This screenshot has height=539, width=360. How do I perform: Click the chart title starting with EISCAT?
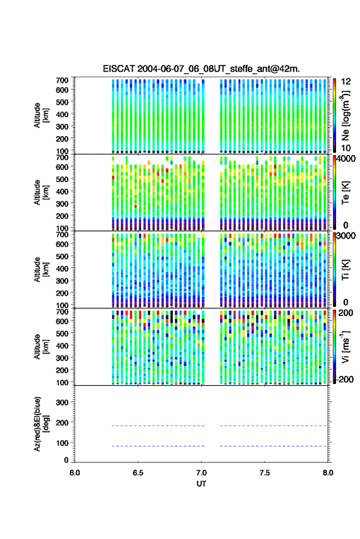pos(201,69)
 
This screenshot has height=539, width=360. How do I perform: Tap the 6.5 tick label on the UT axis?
pos(138,473)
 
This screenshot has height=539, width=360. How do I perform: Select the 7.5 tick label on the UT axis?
pos(265,473)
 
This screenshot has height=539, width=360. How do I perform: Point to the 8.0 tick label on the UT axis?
pos(328,473)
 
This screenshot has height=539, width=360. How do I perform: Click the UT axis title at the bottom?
pos(201,484)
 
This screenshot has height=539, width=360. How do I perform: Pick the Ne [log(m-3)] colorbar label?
pos(345,115)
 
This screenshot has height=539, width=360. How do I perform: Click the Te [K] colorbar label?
pos(345,193)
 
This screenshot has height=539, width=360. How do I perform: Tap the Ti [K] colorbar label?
pos(345,270)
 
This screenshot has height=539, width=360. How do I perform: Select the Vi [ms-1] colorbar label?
pos(345,346)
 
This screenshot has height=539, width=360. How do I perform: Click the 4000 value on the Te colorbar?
pos(346,160)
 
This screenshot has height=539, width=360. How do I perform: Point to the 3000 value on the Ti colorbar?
pos(346,237)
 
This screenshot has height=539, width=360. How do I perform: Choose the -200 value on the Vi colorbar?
pos(345,379)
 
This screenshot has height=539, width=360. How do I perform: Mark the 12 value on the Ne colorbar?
pos(346,82)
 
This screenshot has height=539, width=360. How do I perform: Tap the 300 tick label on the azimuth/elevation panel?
pos(62,402)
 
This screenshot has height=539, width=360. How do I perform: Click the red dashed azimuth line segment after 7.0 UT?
pos(274,426)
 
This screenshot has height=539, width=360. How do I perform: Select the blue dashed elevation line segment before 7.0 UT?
pos(158,446)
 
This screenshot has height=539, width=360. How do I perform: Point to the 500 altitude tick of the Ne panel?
pos(62,102)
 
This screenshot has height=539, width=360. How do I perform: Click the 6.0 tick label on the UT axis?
pos(75,473)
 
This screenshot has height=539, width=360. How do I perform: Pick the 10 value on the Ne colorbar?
pos(346,148)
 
